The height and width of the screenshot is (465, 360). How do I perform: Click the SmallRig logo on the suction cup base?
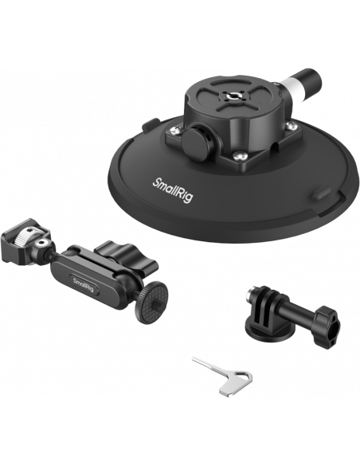coord(173,190)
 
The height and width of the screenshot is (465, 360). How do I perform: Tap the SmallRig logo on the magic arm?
coord(84,284)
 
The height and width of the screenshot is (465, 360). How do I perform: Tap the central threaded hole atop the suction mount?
coord(232,96)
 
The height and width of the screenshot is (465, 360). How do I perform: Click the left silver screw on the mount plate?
coord(177,131)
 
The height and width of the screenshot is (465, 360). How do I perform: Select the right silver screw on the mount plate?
coord(292,126)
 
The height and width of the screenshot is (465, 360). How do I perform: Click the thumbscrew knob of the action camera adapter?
coord(326,328)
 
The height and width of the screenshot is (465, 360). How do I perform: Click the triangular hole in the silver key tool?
coord(244,377)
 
